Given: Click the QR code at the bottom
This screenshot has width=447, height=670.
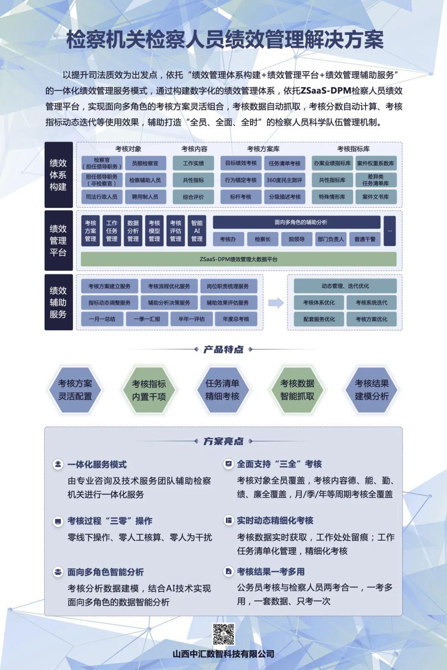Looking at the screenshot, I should coord(223,634).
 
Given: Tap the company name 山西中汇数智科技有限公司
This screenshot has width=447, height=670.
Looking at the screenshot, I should coord(223,654).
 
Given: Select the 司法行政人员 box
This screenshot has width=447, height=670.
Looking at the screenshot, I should coord(101,197).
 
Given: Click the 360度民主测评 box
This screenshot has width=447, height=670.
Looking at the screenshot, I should coord(284,180).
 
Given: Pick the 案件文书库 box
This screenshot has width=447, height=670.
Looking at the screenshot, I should coord(375,197).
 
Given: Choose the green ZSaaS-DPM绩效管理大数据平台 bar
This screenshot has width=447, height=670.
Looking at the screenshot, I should coord(238,259).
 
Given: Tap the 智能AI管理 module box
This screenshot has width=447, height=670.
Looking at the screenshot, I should coord(197,231).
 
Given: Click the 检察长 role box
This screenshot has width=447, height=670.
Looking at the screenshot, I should coord(262,239).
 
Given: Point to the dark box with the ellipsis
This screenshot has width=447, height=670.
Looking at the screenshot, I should coord(389,231).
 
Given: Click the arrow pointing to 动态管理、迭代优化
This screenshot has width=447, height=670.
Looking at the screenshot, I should coord(276,303).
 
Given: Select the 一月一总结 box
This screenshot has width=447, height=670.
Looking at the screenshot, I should coord(102,319).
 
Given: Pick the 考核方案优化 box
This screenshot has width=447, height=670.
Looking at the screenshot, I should coord(371,319).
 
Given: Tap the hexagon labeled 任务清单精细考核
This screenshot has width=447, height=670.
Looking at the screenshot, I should coord(222,390).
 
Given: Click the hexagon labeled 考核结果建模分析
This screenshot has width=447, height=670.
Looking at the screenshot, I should coord(371,390).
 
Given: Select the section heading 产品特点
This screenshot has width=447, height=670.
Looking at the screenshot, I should coord(223,349).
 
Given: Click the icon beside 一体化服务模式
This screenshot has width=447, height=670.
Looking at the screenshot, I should coord(58,464).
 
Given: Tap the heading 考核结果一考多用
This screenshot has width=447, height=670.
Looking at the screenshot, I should coord(271,572).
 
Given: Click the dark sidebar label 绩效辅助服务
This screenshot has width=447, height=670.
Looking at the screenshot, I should coord(58,302).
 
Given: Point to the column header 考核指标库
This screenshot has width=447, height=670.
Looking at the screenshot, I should coord(353,149).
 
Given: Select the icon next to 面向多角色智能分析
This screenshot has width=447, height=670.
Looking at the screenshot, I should coord(58,572).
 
